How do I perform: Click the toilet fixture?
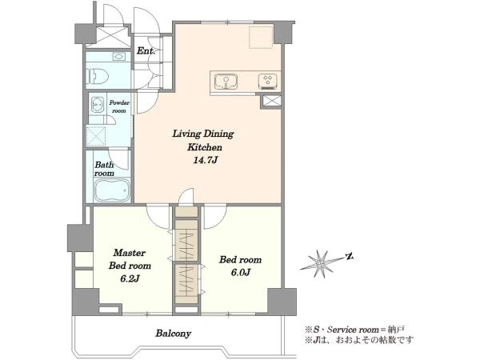[98, 76]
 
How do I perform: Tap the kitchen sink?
[226, 82]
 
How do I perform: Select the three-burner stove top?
[268, 82]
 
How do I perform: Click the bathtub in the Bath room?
[112, 190]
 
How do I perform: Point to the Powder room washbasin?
[98, 105]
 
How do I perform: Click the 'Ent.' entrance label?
[146, 50]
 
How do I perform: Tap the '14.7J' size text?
[205, 160]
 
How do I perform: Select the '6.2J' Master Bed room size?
[130, 278]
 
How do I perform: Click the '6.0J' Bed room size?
[241, 272]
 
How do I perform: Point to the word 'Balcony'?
[173, 333]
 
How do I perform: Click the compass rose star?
[321, 263]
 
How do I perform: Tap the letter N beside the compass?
[350, 256]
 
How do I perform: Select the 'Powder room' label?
[119, 106]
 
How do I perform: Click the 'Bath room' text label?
[104, 169]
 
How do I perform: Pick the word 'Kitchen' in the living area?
[205, 147]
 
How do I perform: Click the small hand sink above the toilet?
[118, 57]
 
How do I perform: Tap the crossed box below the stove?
[270, 101]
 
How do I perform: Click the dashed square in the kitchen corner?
[261, 38]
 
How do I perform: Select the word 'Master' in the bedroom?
[129, 253]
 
